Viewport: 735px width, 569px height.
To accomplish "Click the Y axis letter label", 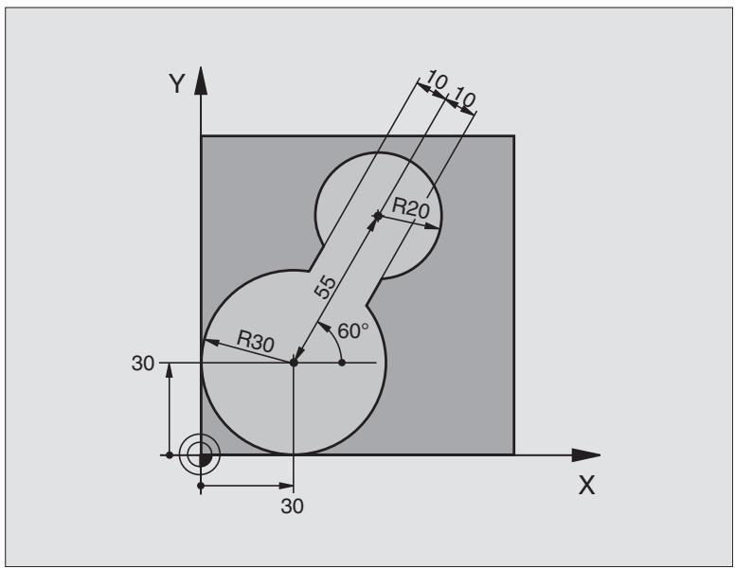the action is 176,84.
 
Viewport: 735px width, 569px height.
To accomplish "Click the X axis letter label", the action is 586,485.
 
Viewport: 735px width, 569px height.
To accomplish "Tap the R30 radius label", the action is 256,341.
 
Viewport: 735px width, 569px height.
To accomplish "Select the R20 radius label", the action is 411,208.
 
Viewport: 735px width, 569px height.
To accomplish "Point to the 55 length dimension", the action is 325,287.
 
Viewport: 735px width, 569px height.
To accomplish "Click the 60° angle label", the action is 353,331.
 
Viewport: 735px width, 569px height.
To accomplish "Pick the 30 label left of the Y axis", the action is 142,364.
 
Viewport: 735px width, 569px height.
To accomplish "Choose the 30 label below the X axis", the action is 292,507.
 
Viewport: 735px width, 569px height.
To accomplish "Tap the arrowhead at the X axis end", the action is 586,454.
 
